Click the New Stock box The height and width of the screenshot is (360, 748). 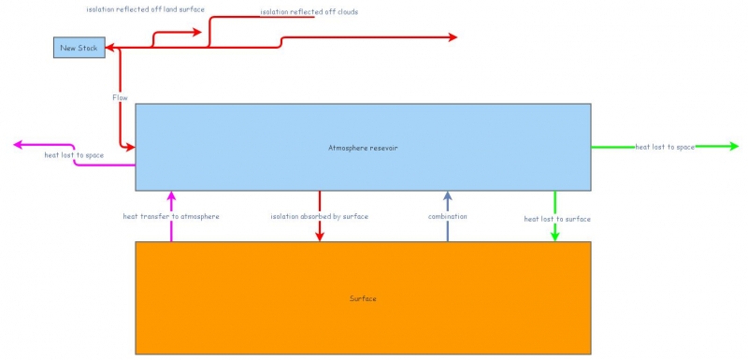point(79,47)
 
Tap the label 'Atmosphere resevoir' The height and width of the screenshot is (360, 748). point(363,148)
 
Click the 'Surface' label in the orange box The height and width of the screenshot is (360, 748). point(363,298)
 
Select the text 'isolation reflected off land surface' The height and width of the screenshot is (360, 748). point(145,9)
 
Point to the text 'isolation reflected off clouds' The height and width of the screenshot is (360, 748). point(309,12)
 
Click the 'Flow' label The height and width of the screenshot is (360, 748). point(120,97)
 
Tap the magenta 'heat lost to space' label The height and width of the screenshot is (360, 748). point(74,155)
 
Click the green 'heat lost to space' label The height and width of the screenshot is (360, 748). point(665,147)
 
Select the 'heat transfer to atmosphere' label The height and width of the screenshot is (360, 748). point(171,216)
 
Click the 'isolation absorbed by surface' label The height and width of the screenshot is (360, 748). point(320,216)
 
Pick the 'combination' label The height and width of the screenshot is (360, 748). point(447,216)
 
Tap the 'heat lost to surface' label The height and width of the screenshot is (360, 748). point(556,219)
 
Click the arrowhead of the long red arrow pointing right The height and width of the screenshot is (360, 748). point(453,37)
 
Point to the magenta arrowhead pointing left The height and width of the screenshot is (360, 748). point(19,145)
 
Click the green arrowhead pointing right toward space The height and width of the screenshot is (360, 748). point(733,147)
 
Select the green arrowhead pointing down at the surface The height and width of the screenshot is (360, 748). point(555,236)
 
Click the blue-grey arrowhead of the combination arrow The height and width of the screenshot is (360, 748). point(447,196)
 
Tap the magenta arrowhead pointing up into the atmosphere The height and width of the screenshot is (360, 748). point(171,196)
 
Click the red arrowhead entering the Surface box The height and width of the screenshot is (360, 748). point(320,236)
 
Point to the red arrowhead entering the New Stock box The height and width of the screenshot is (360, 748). point(110,47)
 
